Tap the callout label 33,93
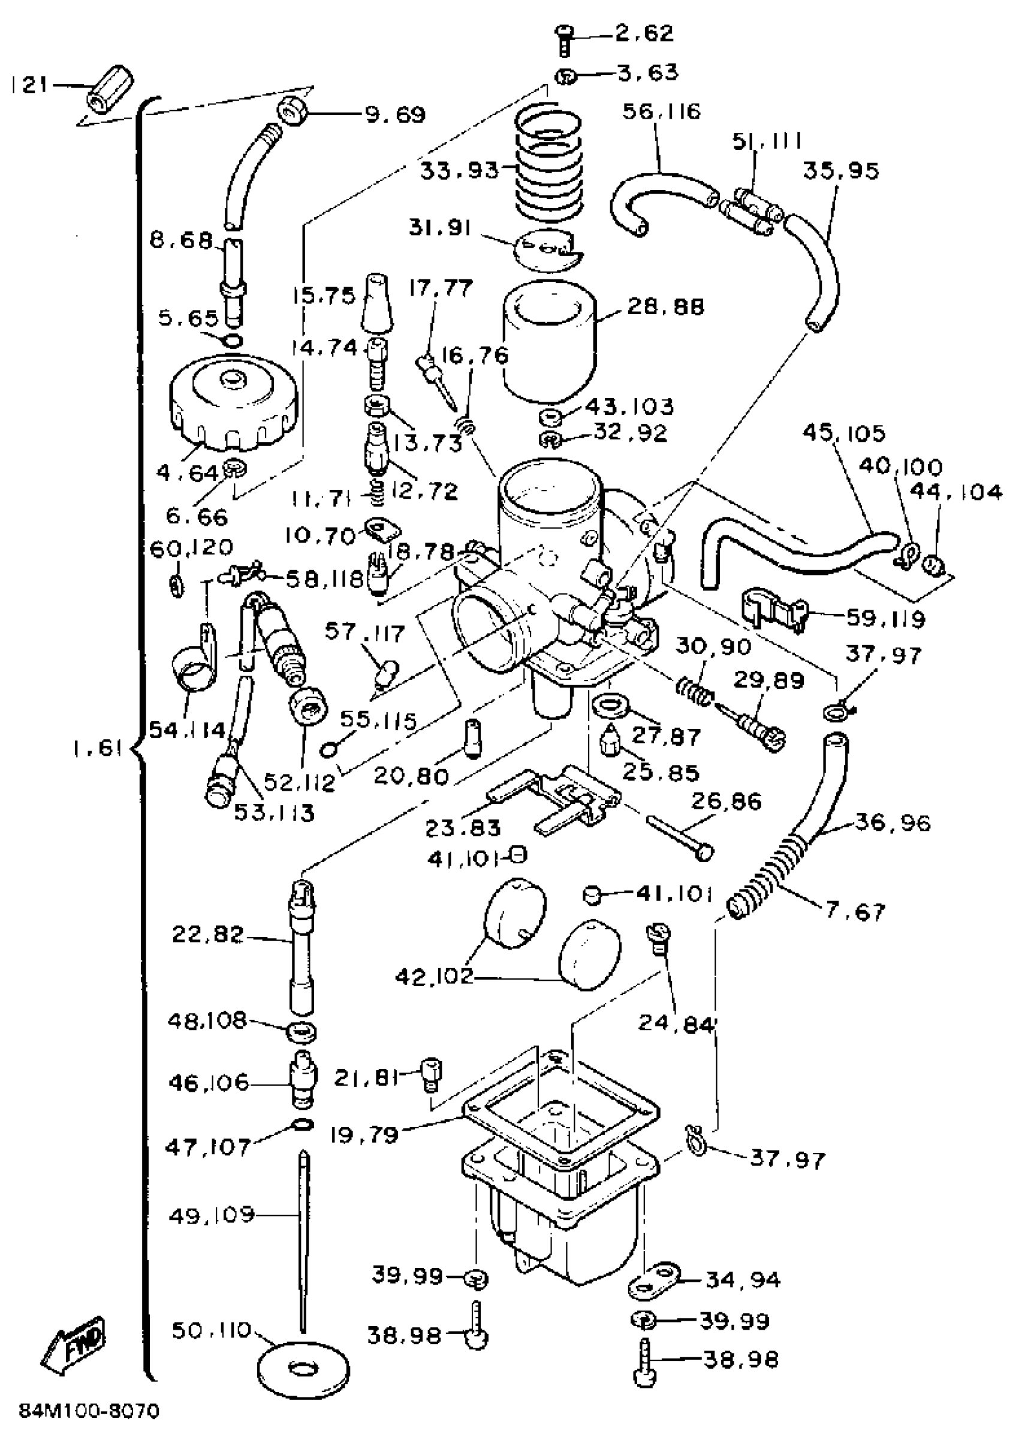[459, 170]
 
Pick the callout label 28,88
[666, 307]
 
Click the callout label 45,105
[845, 433]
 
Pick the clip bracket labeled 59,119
[773, 608]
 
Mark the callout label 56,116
[662, 112]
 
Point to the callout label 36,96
[892, 823]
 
